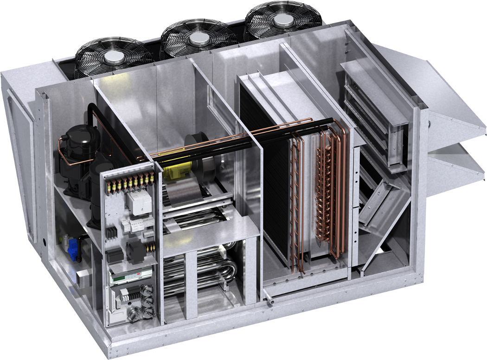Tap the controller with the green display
[x=130, y=276]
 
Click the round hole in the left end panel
[x=44, y=242]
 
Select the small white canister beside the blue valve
[x=65, y=242]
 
